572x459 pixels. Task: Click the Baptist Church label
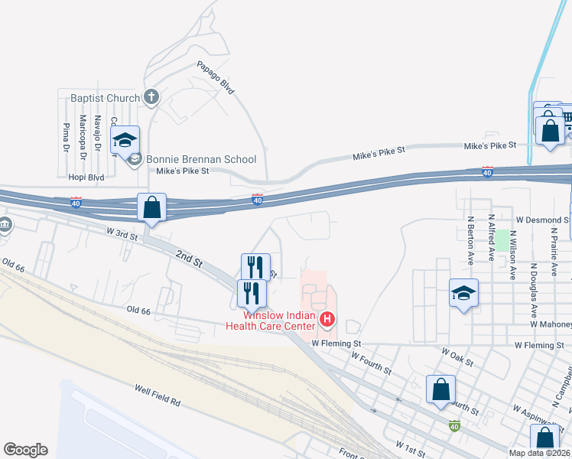pyautogui.click(x=105, y=98)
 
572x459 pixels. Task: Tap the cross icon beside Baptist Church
pyautogui.click(x=151, y=97)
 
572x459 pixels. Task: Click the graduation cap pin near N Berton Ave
pyautogui.click(x=463, y=294)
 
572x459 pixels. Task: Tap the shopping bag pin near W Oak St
pyautogui.click(x=441, y=389)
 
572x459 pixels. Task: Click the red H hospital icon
pyautogui.click(x=327, y=318)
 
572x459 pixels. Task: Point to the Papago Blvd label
pyautogui.click(x=215, y=77)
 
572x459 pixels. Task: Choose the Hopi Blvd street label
pyautogui.click(x=86, y=176)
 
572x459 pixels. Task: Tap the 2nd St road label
pyautogui.click(x=187, y=258)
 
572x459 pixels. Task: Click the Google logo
pyautogui.click(x=25, y=450)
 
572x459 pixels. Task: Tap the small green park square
pyautogui.click(x=502, y=240)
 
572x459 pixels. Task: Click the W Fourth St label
pyautogui.click(x=371, y=362)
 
